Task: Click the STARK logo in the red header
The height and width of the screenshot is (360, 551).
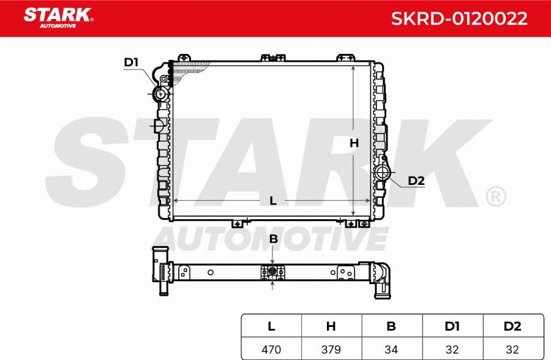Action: (x=58, y=17)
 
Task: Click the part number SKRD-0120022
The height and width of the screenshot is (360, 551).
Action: (x=459, y=18)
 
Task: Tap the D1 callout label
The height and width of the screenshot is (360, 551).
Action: (x=131, y=62)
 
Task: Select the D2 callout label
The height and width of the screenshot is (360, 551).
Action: (x=416, y=180)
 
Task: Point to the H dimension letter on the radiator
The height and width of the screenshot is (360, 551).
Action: (x=354, y=143)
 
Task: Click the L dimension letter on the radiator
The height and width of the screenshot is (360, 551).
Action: (x=273, y=201)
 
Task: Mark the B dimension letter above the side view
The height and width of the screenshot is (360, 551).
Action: (x=274, y=239)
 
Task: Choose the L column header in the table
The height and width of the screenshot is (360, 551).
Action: (x=271, y=326)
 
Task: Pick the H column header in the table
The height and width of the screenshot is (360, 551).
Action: (x=331, y=326)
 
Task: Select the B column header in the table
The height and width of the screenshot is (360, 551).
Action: (x=391, y=326)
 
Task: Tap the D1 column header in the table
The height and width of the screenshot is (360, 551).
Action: (x=452, y=326)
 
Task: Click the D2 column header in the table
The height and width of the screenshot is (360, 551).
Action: (x=512, y=326)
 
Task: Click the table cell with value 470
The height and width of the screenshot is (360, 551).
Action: (x=271, y=349)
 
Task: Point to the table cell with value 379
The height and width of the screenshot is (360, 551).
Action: (x=331, y=349)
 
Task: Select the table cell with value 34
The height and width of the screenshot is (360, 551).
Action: (x=391, y=349)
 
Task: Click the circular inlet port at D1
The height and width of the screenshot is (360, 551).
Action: (x=161, y=94)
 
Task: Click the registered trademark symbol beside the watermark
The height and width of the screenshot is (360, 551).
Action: (x=495, y=197)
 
